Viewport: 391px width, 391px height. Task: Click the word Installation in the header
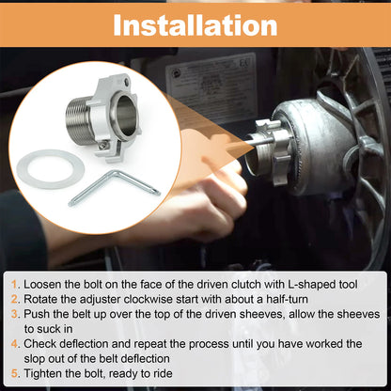195,25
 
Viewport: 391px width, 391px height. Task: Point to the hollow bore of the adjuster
126,117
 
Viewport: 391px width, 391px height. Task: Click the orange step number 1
14,285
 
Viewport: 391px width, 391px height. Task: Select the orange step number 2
15,299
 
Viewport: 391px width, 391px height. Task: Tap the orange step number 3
15,314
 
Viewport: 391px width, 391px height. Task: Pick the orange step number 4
15,344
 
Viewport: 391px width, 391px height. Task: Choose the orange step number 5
15,373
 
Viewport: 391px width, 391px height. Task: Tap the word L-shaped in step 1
312,285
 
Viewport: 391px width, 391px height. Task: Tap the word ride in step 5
163,373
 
